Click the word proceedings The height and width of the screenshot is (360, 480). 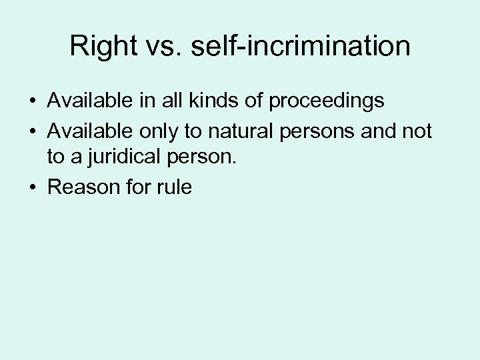[327, 101]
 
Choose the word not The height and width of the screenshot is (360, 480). [417, 131]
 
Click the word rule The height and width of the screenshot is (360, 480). [175, 187]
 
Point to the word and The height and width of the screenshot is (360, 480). [380, 131]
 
